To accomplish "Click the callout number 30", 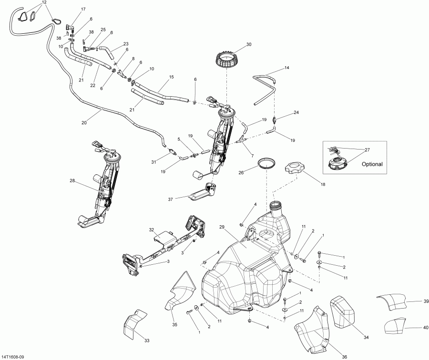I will [248, 44].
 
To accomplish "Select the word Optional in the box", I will [372, 164].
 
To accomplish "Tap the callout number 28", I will [72, 180].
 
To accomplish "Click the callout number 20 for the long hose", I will [84, 122].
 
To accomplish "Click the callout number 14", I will [286, 68].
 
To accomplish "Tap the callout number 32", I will [152, 230].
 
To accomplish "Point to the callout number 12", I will [44, 2].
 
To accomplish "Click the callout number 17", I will [83, 10].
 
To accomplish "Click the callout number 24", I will [296, 113].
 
